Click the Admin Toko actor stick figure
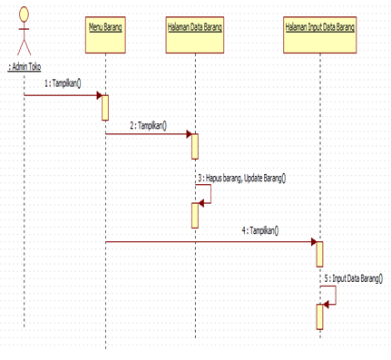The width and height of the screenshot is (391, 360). pos(24,33)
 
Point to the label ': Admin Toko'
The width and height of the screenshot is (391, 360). pos(24,67)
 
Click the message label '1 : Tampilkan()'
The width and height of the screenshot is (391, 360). pos(63,84)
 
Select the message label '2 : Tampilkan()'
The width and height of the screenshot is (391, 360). pos(149,125)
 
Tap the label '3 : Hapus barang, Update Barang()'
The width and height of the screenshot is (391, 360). pos(241,179)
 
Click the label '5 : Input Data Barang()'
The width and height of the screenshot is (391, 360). pos(357,278)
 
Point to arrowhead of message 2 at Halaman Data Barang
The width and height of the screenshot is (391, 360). pos(188,134)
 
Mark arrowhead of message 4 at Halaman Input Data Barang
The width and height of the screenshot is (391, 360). pos(313,242)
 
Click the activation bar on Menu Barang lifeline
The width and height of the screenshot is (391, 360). pos(105,107)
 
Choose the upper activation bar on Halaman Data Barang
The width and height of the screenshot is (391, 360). pos(194,145)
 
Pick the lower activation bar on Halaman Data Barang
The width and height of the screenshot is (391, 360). pos(194,215)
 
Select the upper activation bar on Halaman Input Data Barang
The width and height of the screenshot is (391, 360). pos(319,253)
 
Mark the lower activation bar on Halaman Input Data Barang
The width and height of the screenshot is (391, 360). pos(319,316)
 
